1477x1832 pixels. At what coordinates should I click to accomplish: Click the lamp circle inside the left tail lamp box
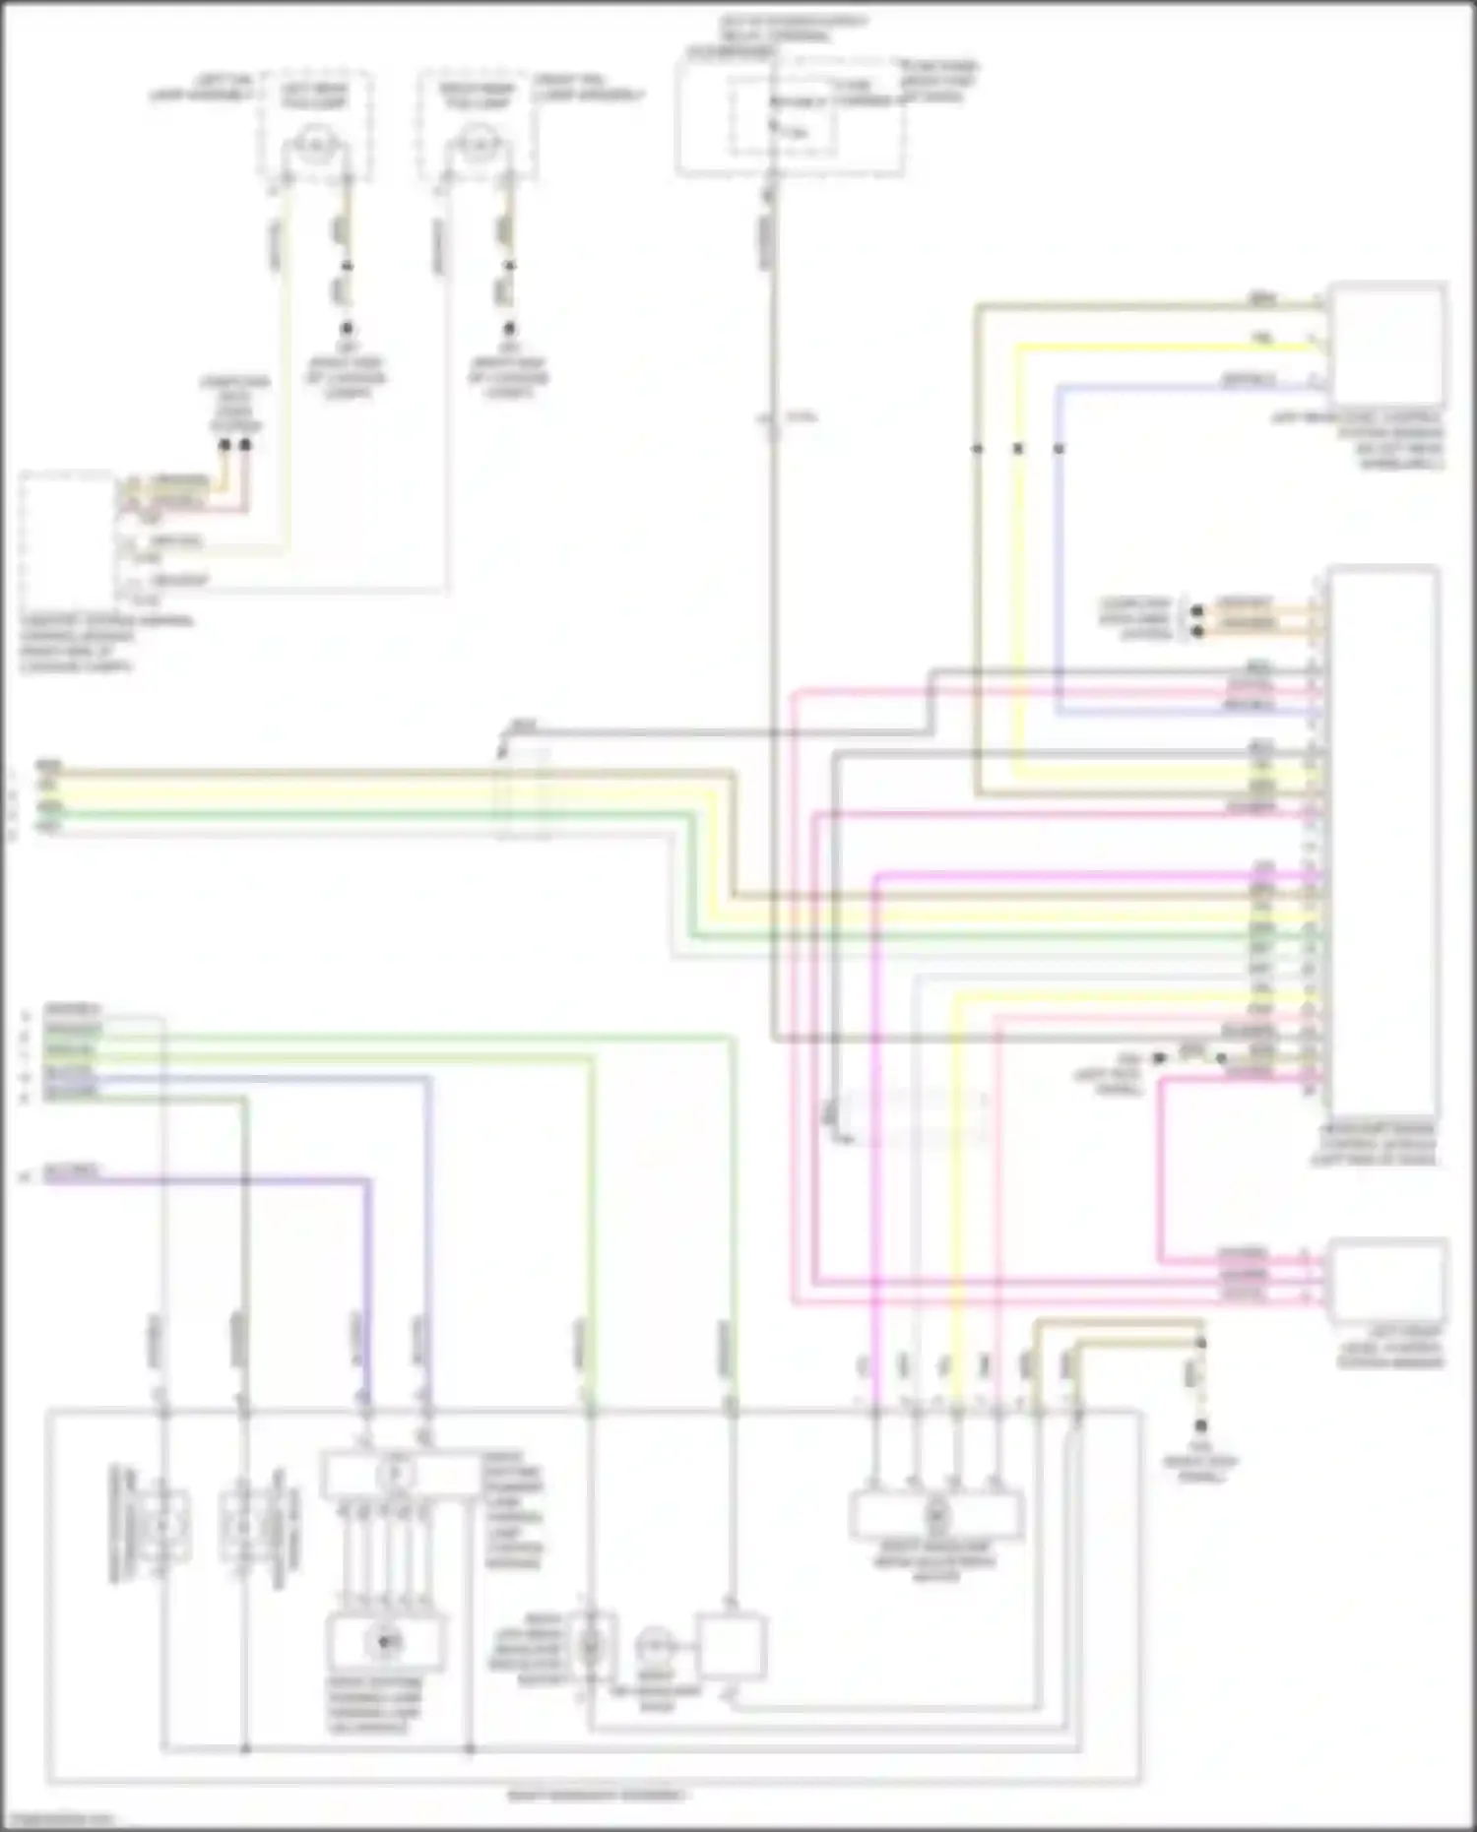click(314, 146)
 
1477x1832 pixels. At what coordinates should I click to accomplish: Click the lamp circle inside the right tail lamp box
click(478, 146)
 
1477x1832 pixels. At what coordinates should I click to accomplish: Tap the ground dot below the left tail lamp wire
click(347, 329)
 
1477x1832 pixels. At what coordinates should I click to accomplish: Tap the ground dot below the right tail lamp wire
click(509, 329)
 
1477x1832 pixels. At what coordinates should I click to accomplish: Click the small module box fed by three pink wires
click(1388, 1279)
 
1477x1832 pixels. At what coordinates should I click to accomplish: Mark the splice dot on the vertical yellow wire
click(1018, 449)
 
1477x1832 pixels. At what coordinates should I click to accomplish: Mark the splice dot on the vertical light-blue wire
click(1059, 449)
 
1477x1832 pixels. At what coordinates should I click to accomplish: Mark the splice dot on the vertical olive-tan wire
click(977, 449)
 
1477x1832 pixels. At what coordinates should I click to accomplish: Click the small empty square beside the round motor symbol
click(731, 1646)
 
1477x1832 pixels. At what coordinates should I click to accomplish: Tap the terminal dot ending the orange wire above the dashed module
click(225, 445)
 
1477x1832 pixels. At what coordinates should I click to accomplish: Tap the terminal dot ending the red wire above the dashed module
click(245, 445)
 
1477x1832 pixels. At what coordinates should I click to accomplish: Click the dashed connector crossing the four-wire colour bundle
click(523, 793)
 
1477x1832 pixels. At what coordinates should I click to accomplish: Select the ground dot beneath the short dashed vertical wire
click(1200, 1425)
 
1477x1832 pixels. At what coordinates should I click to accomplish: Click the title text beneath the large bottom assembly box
click(597, 1796)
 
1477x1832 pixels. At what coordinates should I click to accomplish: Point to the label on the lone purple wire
click(72, 1171)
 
